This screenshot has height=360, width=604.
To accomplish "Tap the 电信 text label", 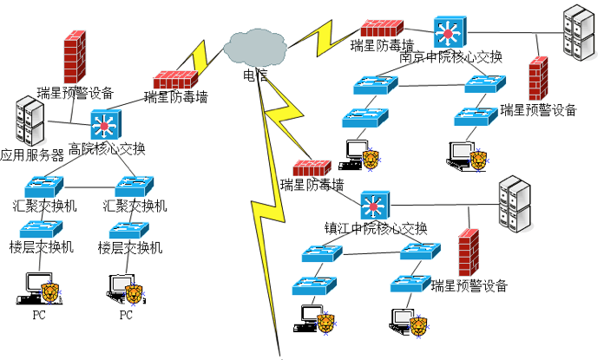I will [255, 75].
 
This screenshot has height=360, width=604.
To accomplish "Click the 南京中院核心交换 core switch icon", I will [450, 33].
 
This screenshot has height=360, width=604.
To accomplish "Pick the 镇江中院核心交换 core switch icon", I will [375, 206].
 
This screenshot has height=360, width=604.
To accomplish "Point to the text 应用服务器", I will [32, 156].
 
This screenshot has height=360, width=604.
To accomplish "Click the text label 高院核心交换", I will [107, 148].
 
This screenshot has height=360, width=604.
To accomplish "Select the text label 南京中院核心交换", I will [451, 57].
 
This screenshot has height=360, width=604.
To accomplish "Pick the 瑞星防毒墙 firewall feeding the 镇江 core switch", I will [312, 168].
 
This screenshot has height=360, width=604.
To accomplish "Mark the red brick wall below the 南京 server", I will [538, 79].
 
